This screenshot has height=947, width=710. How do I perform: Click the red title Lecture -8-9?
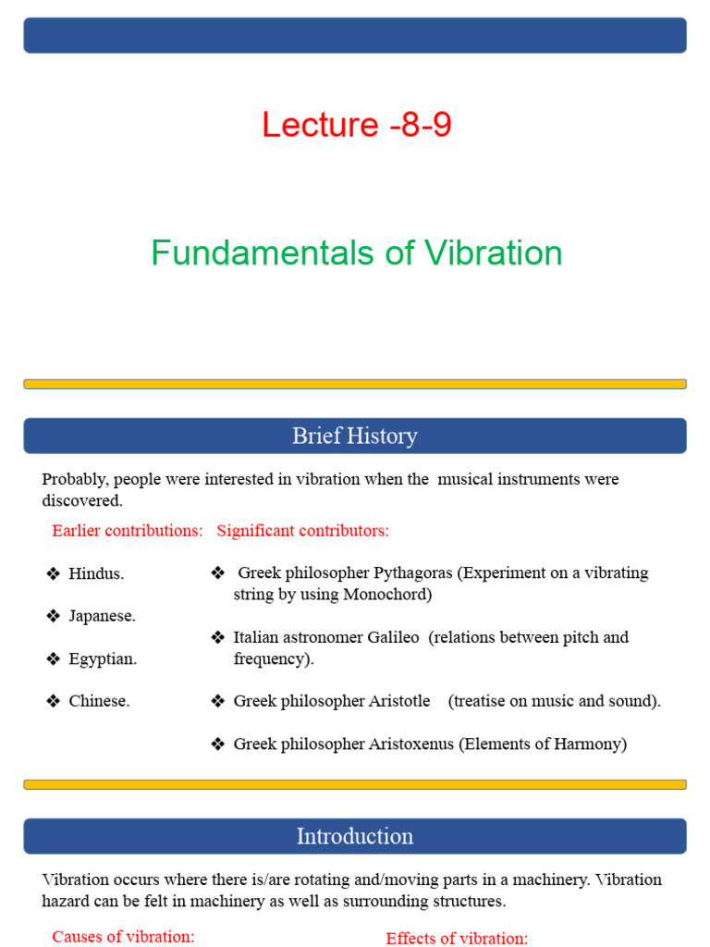(x=356, y=125)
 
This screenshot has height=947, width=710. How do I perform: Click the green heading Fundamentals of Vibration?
(x=356, y=252)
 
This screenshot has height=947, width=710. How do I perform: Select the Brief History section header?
(x=355, y=436)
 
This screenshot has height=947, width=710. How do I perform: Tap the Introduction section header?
(x=355, y=836)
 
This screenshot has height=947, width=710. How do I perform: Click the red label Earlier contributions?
(x=128, y=531)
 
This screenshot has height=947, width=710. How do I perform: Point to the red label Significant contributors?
(x=303, y=531)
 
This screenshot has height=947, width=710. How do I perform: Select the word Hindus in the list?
(x=95, y=574)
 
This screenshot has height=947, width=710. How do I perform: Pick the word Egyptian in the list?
(x=102, y=659)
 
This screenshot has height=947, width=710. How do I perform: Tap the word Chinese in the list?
(x=98, y=702)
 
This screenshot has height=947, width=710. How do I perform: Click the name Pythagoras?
(x=409, y=573)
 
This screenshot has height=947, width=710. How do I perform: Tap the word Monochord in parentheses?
(x=387, y=595)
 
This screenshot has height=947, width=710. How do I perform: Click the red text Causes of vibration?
(x=123, y=937)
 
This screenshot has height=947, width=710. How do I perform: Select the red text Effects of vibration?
(x=457, y=939)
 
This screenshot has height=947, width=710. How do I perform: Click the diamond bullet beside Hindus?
(x=53, y=574)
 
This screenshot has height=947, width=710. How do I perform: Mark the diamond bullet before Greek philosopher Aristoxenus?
(x=217, y=744)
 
